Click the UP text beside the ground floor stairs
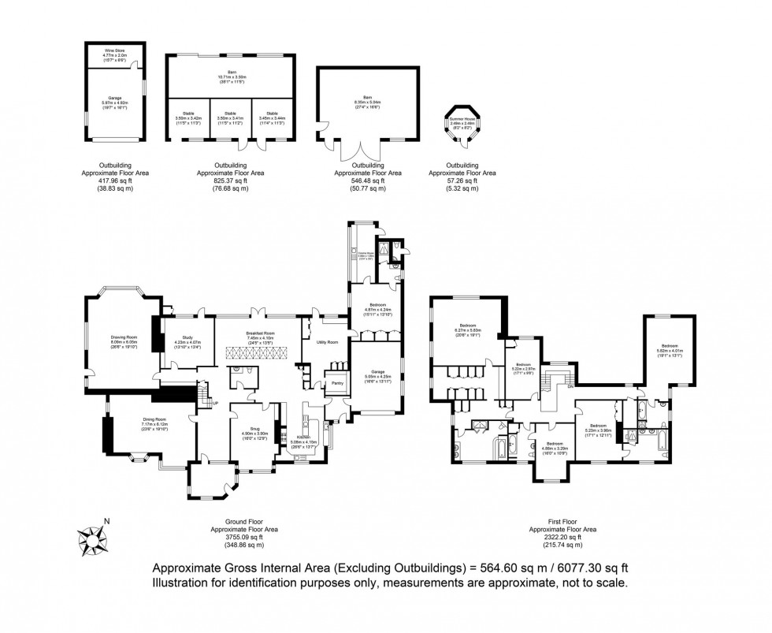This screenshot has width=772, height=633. [x=214, y=403]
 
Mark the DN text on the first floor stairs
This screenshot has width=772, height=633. [x=569, y=387]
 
